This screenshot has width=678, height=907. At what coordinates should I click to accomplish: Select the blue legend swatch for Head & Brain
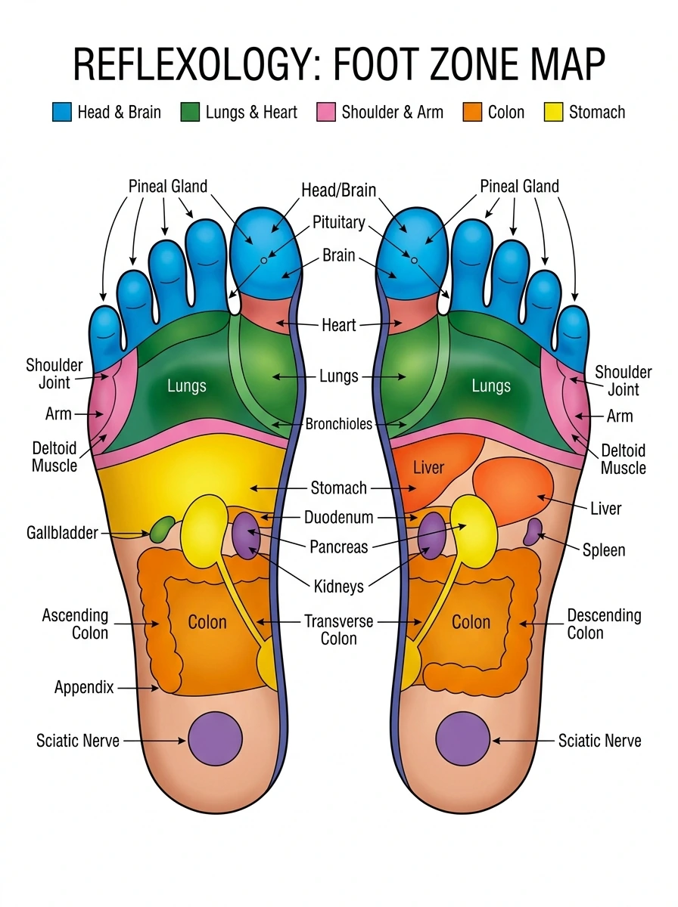click(62, 113)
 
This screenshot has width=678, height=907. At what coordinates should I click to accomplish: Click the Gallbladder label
click(62, 533)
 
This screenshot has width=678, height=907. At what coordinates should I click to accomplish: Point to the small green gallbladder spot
click(162, 529)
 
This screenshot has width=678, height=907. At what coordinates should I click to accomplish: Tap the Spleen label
click(604, 549)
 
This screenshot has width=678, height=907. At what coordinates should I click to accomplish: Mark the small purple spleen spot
click(533, 531)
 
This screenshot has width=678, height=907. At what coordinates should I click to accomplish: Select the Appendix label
click(84, 688)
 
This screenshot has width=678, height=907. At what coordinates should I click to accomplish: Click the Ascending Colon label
click(76, 624)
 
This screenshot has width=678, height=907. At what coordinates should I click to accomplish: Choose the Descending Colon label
click(604, 624)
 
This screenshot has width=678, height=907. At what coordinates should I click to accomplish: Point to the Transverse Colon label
click(338, 630)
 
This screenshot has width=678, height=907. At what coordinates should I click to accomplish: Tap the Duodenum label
click(338, 518)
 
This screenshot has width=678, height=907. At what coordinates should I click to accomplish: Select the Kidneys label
click(338, 586)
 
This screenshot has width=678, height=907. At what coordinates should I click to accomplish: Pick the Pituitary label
click(338, 223)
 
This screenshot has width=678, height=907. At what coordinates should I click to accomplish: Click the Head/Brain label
click(338, 190)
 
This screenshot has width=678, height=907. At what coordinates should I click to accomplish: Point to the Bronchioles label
click(338, 424)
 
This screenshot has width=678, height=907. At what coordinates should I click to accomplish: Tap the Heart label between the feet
click(338, 325)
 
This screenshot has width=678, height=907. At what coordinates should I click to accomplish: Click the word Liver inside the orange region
click(428, 468)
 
